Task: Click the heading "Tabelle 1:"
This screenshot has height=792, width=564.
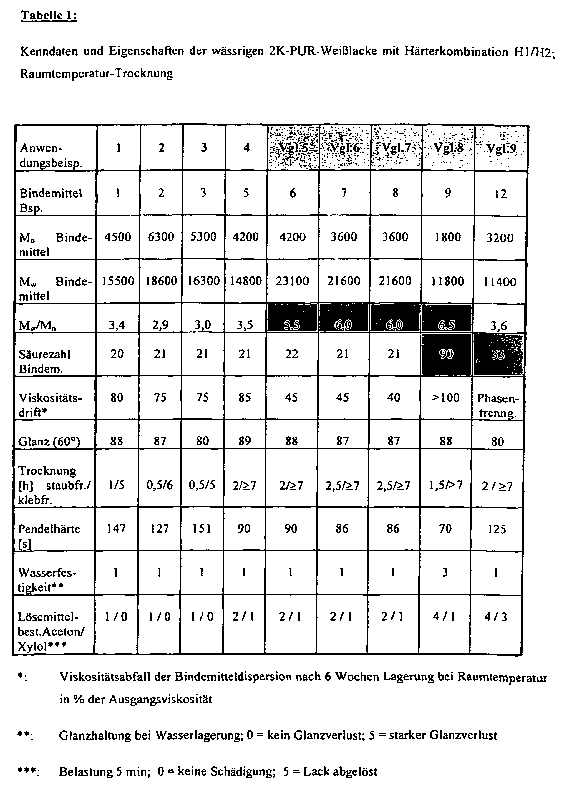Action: (49, 15)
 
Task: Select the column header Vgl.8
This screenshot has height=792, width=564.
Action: (448, 148)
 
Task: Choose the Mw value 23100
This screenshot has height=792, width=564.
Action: (293, 281)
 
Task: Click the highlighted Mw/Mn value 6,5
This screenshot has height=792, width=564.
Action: (446, 325)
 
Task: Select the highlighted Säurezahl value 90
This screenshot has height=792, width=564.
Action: (446, 354)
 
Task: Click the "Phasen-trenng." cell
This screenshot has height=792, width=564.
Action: (497, 405)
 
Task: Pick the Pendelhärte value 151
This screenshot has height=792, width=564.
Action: (202, 528)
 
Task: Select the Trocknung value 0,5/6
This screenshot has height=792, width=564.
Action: (159, 485)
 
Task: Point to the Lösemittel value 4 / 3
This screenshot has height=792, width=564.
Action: (496, 617)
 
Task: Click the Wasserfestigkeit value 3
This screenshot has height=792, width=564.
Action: (445, 572)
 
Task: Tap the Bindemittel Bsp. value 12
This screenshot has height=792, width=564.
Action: (500, 194)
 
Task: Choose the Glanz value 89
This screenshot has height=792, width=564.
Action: (245, 441)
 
